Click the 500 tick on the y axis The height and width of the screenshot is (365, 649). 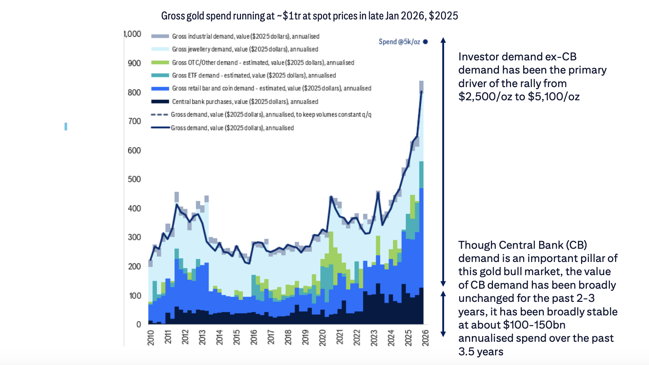(134, 179)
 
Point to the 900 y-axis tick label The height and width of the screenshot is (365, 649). (134, 63)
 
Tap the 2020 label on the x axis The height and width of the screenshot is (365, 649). (322, 338)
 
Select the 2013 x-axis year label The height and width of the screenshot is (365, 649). (202, 338)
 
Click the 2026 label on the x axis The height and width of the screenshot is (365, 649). (425, 338)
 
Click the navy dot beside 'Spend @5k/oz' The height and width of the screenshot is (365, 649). (425, 42)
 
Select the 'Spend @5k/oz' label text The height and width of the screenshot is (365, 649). (399, 42)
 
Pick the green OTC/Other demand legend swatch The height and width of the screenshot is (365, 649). (160, 63)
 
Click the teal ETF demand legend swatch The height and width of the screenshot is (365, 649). (160, 76)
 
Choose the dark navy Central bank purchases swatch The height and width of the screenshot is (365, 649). (160, 102)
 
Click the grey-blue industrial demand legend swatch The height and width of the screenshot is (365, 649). (160, 36)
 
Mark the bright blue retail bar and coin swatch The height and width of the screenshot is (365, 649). (160, 88)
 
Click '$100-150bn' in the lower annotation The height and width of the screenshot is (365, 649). (534, 325)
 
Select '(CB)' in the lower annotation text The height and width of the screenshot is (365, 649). (577, 245)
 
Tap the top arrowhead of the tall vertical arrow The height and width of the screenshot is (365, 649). (443, 40)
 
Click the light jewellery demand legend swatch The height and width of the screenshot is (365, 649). (160, 49)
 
